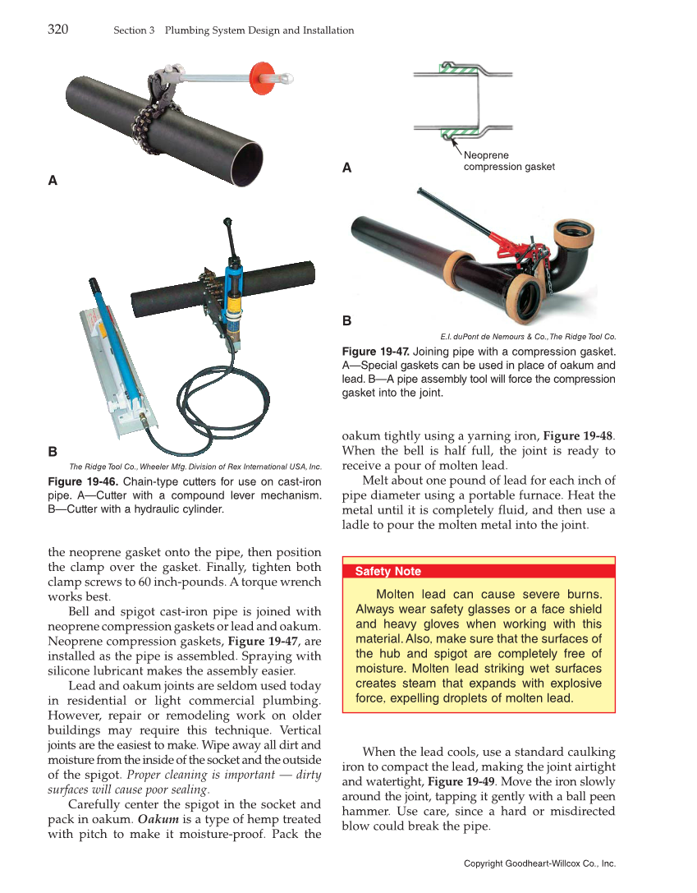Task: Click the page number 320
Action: click(x=57, y=30)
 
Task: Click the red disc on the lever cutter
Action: click(x=260, y=71)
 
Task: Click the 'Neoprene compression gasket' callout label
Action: click(x=508, y=161)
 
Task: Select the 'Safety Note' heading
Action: click(x=387, y=571)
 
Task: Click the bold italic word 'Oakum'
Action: click(x=154, y=819)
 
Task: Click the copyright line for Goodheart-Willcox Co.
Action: click(x=539, y=863)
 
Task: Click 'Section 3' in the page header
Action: click(x=134, y=30)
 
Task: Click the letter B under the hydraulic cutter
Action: click(x=53, y=452)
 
